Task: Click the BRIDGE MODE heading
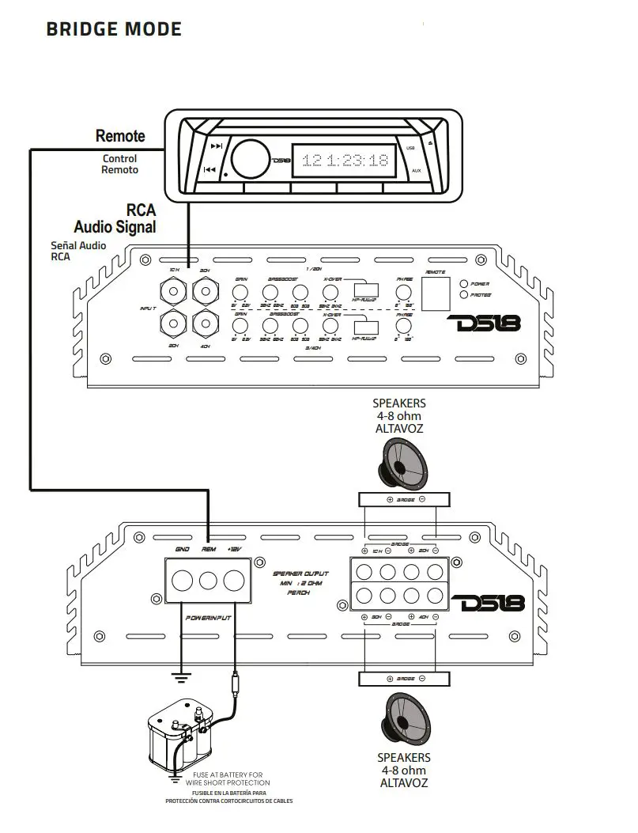coord(114,30)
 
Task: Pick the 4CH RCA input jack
coord(206,323)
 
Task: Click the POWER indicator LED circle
coord(464,283)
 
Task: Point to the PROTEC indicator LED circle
coord(464,295)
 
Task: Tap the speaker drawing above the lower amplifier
coord(404,464)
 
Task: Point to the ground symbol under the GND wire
coord(181,677)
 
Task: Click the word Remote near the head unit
coord(120,136)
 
